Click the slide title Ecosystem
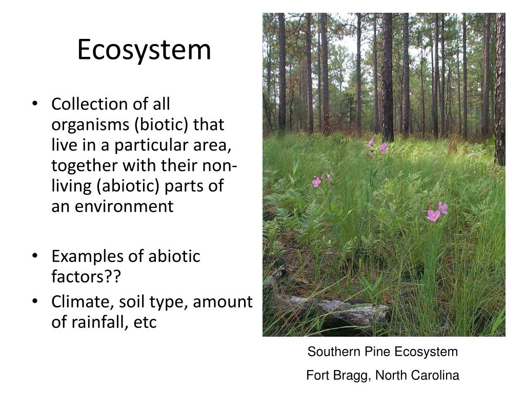[144, 50]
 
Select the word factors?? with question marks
[86, 277]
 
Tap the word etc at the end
[145, 323]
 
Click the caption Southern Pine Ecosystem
[382, 352]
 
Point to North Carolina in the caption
[417, 376]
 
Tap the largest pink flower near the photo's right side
[434, 215]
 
